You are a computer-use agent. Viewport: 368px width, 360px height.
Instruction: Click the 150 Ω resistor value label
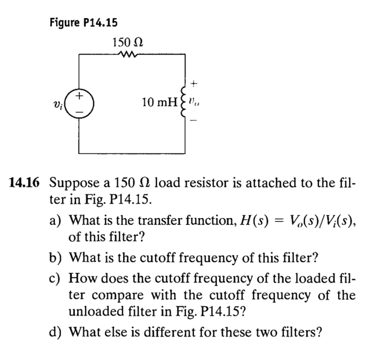click(128, 43)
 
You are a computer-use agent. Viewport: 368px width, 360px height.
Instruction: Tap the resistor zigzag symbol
click(128, 54)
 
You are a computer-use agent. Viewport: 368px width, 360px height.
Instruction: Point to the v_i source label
click(62, 103)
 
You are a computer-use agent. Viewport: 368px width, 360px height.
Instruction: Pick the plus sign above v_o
click(193, 84)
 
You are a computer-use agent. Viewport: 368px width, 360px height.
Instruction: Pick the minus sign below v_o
click(193, 121)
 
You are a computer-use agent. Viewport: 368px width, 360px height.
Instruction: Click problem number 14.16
click(24, 183)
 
